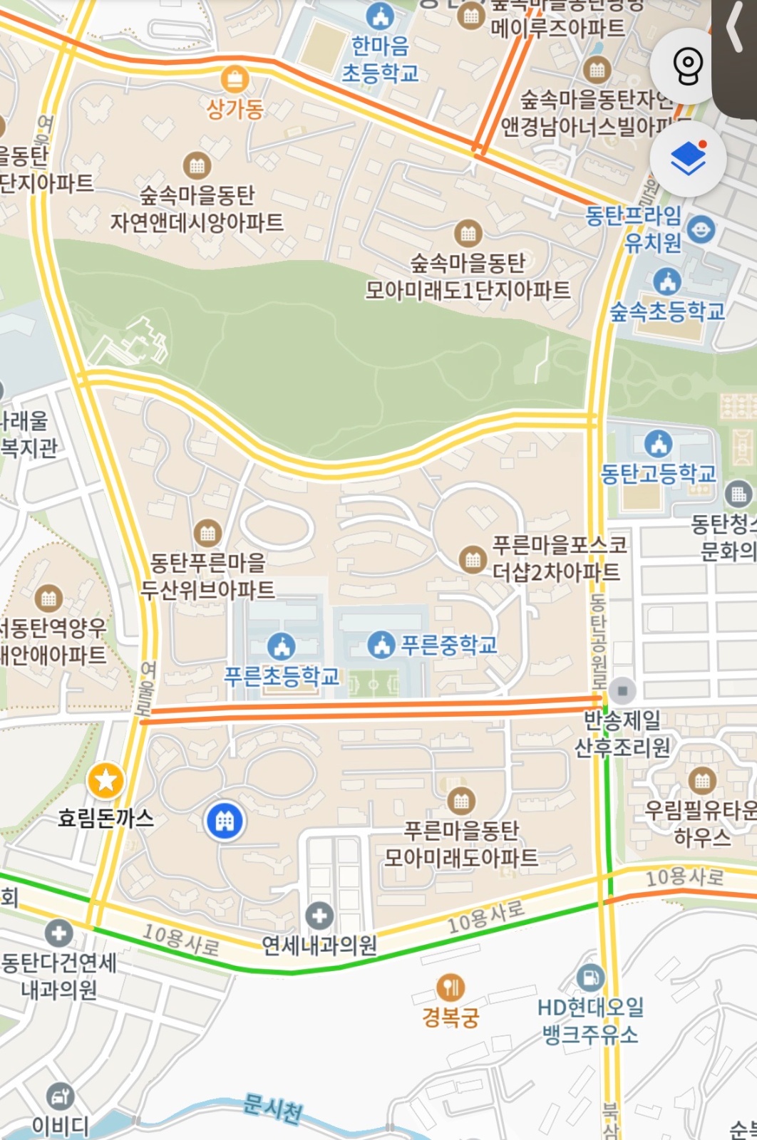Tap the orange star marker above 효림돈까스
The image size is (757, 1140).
point(105,781)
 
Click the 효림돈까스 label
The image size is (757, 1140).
point(105,817)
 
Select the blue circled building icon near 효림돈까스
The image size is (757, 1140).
point(225,821)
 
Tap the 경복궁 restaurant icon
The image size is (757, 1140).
point(450,988)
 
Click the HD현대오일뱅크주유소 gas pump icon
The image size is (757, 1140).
point(590,977)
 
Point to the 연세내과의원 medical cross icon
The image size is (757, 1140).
point(319,916)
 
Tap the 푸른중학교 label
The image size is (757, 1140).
point(448,645)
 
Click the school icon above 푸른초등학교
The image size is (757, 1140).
point(282,646)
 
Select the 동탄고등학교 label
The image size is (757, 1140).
point(658,473)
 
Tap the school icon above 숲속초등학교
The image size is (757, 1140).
point(666,281)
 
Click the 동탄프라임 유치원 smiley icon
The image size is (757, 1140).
point(701,229)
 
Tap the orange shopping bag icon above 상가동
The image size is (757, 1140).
point(234,79)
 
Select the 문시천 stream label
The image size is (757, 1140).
point(272,1109)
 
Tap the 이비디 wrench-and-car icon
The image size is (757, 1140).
point(60,1096)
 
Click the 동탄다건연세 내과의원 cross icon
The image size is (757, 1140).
point(58,933)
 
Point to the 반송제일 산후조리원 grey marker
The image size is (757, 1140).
point(622,690)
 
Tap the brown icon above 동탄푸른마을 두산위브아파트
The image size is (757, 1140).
point(207,532)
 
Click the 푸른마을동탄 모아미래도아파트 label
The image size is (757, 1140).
point(461,844)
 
